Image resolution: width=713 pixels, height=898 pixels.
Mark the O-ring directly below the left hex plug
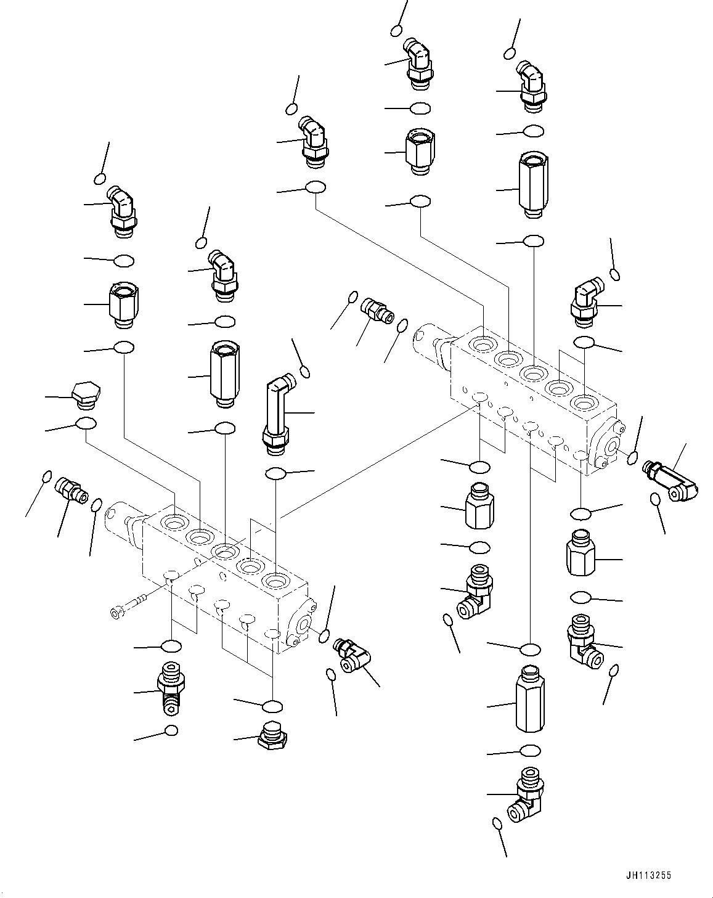pyautogui.click(x=85, y=423)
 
